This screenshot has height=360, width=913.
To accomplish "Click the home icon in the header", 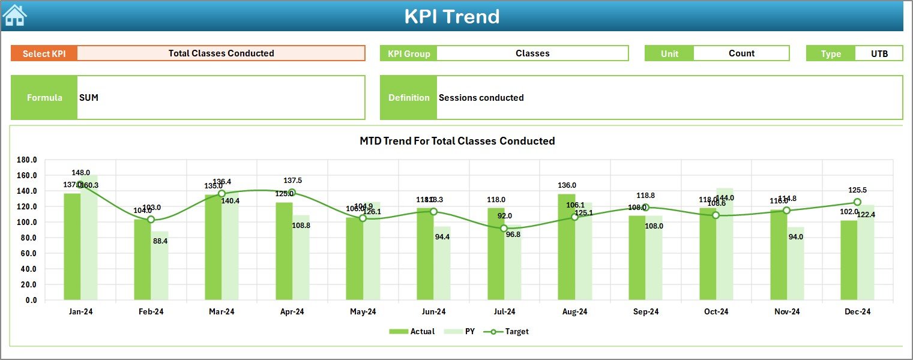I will [14, 15].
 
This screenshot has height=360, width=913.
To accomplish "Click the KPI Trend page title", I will [451, 16].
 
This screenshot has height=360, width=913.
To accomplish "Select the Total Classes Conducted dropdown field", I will [221, 53].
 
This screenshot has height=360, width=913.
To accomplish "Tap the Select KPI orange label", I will [44, 53].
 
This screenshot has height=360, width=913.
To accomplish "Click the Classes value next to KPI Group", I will [532, 53].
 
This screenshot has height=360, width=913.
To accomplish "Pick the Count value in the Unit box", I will [741, 53].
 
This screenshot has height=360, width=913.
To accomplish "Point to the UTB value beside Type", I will [879, 53].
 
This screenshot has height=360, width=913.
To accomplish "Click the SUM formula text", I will [89, 98].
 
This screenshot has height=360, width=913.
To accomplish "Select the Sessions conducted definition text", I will [481, 98].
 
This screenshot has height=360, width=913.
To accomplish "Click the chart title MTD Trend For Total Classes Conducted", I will [457, 141].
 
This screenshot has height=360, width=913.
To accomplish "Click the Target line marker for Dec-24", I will [857, 202].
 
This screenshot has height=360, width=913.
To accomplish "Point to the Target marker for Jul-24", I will [504, 228].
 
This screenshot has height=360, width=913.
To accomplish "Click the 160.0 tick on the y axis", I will [28, 175].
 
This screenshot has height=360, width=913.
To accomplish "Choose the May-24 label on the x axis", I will [363, 311].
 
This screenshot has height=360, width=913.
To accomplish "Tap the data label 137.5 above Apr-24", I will [292, 181].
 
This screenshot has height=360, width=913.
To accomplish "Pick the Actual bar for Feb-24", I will [142, 259].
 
